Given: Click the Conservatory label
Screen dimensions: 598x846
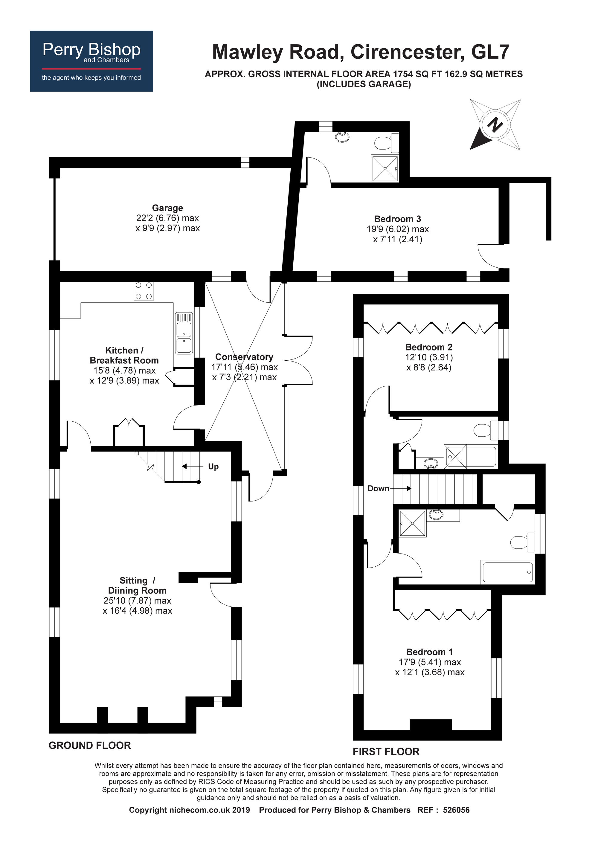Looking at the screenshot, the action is [244, 357].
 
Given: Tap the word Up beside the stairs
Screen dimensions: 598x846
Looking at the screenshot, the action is [213, 467].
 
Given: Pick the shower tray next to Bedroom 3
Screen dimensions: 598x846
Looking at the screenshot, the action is [385, 168].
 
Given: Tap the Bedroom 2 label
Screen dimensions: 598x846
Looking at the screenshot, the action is [428, 347].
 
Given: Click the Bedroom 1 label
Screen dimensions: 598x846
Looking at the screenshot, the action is [429, 652].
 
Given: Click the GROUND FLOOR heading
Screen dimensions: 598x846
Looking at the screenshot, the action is [89, 746].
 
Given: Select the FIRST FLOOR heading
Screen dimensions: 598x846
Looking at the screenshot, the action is [386, 752].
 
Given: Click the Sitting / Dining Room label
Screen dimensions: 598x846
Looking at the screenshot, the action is [137, 586].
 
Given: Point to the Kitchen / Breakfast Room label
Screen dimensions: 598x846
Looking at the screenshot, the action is [124, 355].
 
